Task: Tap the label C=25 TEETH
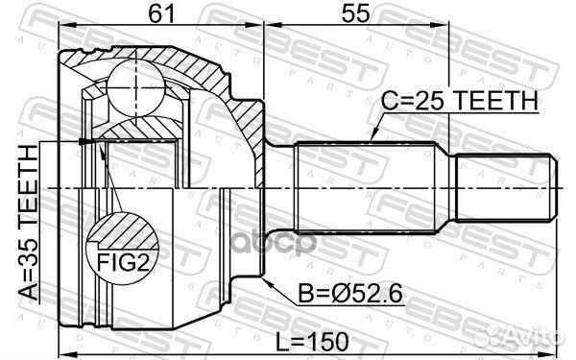(459, 101)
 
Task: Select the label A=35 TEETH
(29, 223)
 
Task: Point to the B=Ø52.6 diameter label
(350, 294)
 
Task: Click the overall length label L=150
(312, 342)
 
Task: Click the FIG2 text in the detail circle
(124, 262)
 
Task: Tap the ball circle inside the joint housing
(136, 87)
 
